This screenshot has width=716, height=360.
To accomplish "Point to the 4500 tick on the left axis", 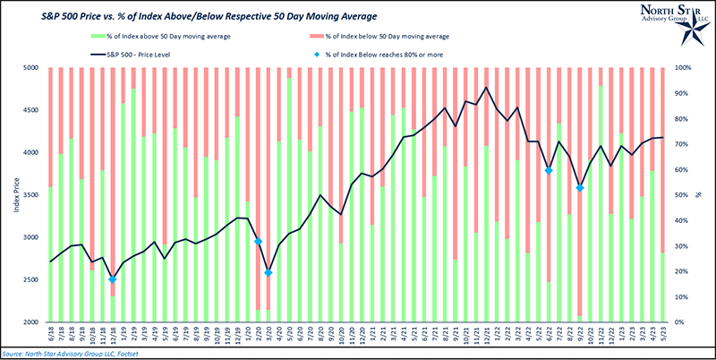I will point(31,110).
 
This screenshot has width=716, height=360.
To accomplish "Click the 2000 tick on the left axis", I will point(31,322).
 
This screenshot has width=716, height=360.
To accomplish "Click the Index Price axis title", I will point(10,195).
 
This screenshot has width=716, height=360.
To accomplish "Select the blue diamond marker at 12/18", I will point(113,279).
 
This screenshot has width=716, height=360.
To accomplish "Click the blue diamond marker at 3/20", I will point(268,272).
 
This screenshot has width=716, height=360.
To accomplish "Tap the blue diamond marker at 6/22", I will point(549,170).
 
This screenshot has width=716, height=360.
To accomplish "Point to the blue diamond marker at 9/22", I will point(580,188).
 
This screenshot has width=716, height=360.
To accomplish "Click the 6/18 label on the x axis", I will point(51,337).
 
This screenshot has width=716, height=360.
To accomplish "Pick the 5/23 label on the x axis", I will point(662,337).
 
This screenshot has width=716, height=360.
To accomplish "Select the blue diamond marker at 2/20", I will point(258,242).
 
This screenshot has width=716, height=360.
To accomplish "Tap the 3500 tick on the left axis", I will point(31,195).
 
